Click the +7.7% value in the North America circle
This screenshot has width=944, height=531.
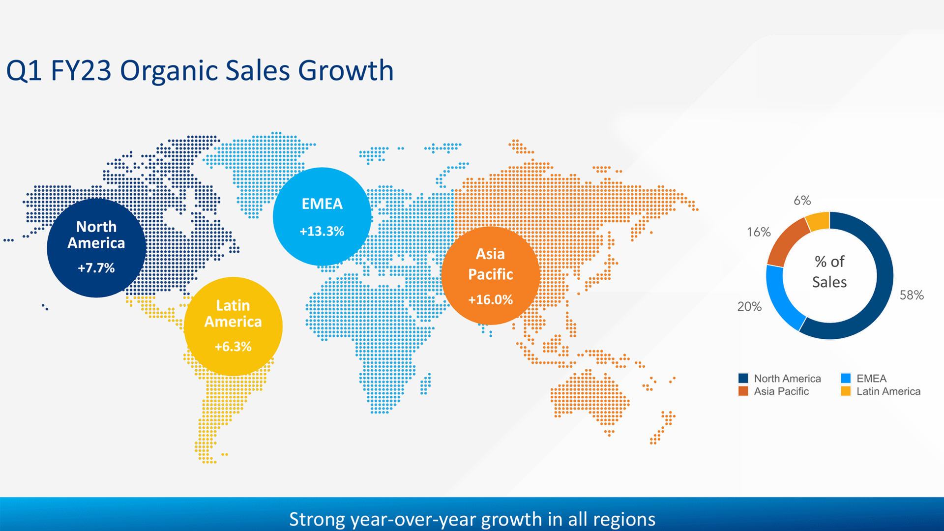pos(96,268)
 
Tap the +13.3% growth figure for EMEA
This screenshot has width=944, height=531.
pos(322,231)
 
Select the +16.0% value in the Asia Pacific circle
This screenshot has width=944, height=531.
pos(490,299)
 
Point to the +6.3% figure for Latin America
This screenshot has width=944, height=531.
pos(233,347)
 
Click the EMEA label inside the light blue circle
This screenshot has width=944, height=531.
pos(322,204)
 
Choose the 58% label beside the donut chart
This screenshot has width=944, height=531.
pos(912,295)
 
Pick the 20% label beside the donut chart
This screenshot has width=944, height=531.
pos(749,307)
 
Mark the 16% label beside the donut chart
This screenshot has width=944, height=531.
pos(759,232)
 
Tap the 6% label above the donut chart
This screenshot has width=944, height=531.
pos(802,201)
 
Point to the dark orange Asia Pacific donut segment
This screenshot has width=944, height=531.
pos(786,241)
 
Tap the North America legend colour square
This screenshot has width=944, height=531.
pos(743,378)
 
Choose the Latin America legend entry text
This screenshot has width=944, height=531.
pos(888,391)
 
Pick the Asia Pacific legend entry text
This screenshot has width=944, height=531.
pos(781,391)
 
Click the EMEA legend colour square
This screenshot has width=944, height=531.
pos(846,378)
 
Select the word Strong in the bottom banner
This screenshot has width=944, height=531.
pos(317,519)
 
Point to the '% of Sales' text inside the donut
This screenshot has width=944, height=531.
pos(829,272)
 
